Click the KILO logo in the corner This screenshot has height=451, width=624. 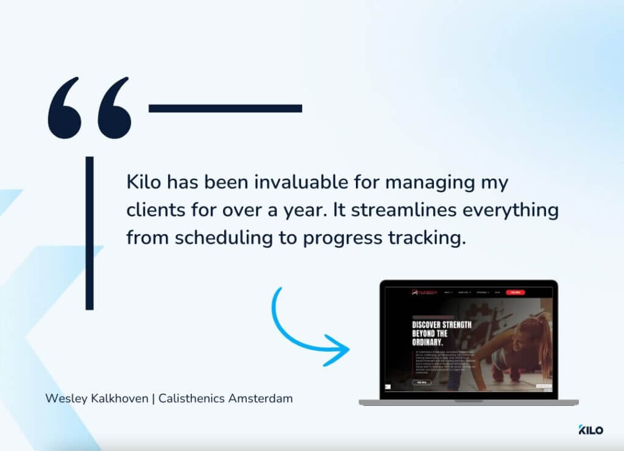pos(590,430)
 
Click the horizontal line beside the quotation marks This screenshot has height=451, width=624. pos(225,108)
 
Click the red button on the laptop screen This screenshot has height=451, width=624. pos(515,293)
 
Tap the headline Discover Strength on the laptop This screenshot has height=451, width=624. pos(441,325)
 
